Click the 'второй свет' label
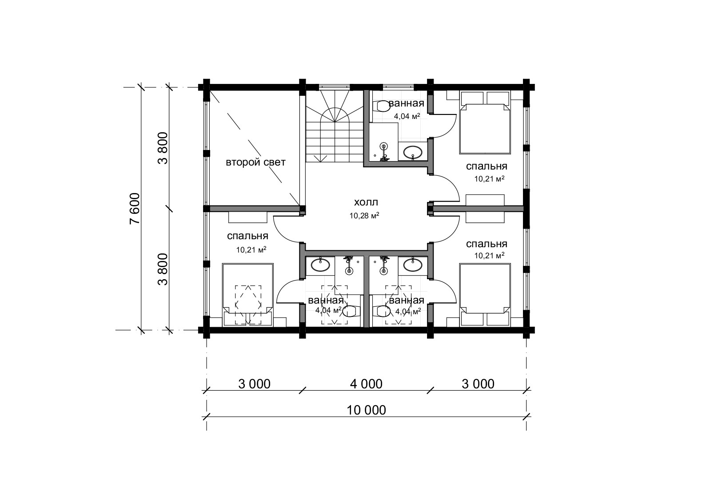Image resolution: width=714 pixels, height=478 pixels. click(x=255, y=162)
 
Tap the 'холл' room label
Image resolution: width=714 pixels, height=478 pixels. click(x=366, y=202)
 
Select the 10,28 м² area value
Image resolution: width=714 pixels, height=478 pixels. click(x=364, y=216)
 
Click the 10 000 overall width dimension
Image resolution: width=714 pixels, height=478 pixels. click(x=366, y=410)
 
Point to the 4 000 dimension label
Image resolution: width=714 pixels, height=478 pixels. click(x=366, y=384)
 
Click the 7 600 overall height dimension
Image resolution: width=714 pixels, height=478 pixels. click(x=135, y=208)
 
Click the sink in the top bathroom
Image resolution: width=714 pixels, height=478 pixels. click(x=413, y=153)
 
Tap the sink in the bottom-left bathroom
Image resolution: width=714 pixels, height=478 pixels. click(x=320, y=265)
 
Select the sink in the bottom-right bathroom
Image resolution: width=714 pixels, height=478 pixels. click(x=412, y=265)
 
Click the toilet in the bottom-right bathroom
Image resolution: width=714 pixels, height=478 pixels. click(x=382, y=311)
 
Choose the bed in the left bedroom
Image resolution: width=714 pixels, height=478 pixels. click(x=247, y=295)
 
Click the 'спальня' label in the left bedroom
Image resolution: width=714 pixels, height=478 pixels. click(x=247, y=236)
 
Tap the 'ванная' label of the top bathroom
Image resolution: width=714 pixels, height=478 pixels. click(x=407, y=103)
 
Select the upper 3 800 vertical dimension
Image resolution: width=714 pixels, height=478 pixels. click(x=163, y=148)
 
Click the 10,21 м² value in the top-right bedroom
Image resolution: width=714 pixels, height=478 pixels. click(x=489, y=179)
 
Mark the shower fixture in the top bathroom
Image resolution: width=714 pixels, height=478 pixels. click(x=384, y=152)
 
